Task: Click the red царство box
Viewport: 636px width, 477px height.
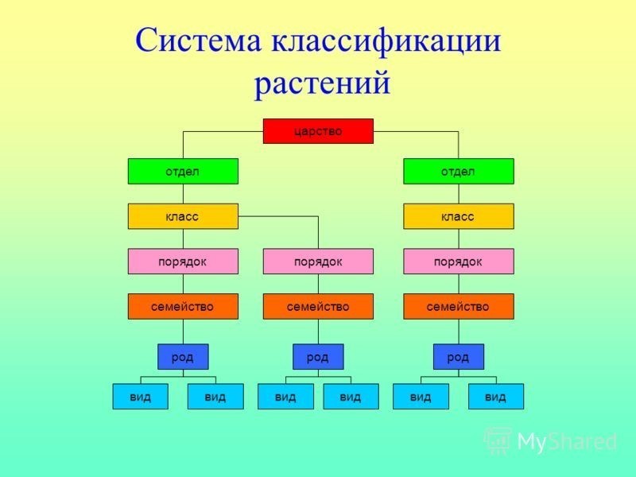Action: click(x=318, y=131)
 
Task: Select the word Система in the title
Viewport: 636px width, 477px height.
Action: click(x=198, y=41)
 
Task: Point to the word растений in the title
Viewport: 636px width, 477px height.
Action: click(x=322, y=84)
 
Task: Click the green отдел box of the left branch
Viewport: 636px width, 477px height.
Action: click(x=183, y=171)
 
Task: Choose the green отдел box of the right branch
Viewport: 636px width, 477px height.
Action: click(x=459, y=171)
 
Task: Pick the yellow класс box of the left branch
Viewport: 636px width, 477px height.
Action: click(x=183, y=216)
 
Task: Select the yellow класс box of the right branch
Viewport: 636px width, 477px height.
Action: click(x=459, y=216)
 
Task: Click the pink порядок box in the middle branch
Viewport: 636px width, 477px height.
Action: click(x=318, y=262)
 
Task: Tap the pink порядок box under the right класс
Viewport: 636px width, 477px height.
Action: click(x=459, y=262)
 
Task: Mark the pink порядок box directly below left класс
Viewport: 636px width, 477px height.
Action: click(x=183, y=262)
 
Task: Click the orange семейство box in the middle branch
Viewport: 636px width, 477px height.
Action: click(x=318, y=306)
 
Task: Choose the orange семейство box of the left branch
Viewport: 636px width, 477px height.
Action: click(x=183, y=306)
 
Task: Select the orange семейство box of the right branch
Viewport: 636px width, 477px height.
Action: click(x=459, y=306)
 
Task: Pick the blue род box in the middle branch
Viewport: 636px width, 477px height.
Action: click(x=318, y=356)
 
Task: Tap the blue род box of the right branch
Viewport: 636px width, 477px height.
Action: click(x=459, y=356)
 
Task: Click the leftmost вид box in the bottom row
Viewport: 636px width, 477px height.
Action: click(x=141, y=396)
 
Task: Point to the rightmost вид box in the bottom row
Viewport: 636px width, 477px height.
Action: click(x=495, y=396)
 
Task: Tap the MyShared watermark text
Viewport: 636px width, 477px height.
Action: click(x=550, y=441)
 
